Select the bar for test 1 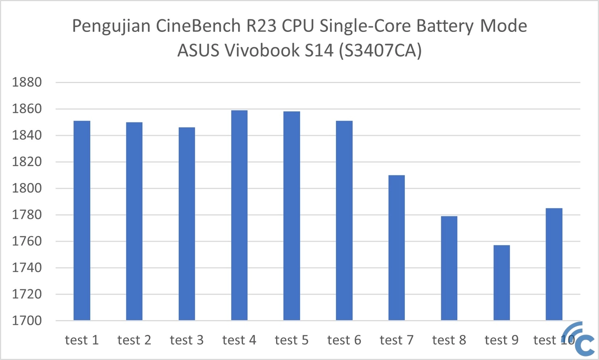tap(82, 220)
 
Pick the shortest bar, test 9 tap(502, 283)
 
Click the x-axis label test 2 tap(134, 341)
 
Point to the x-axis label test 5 tap(292, 341)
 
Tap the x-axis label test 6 tap(344, 341)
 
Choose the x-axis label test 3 tap(187, 341)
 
